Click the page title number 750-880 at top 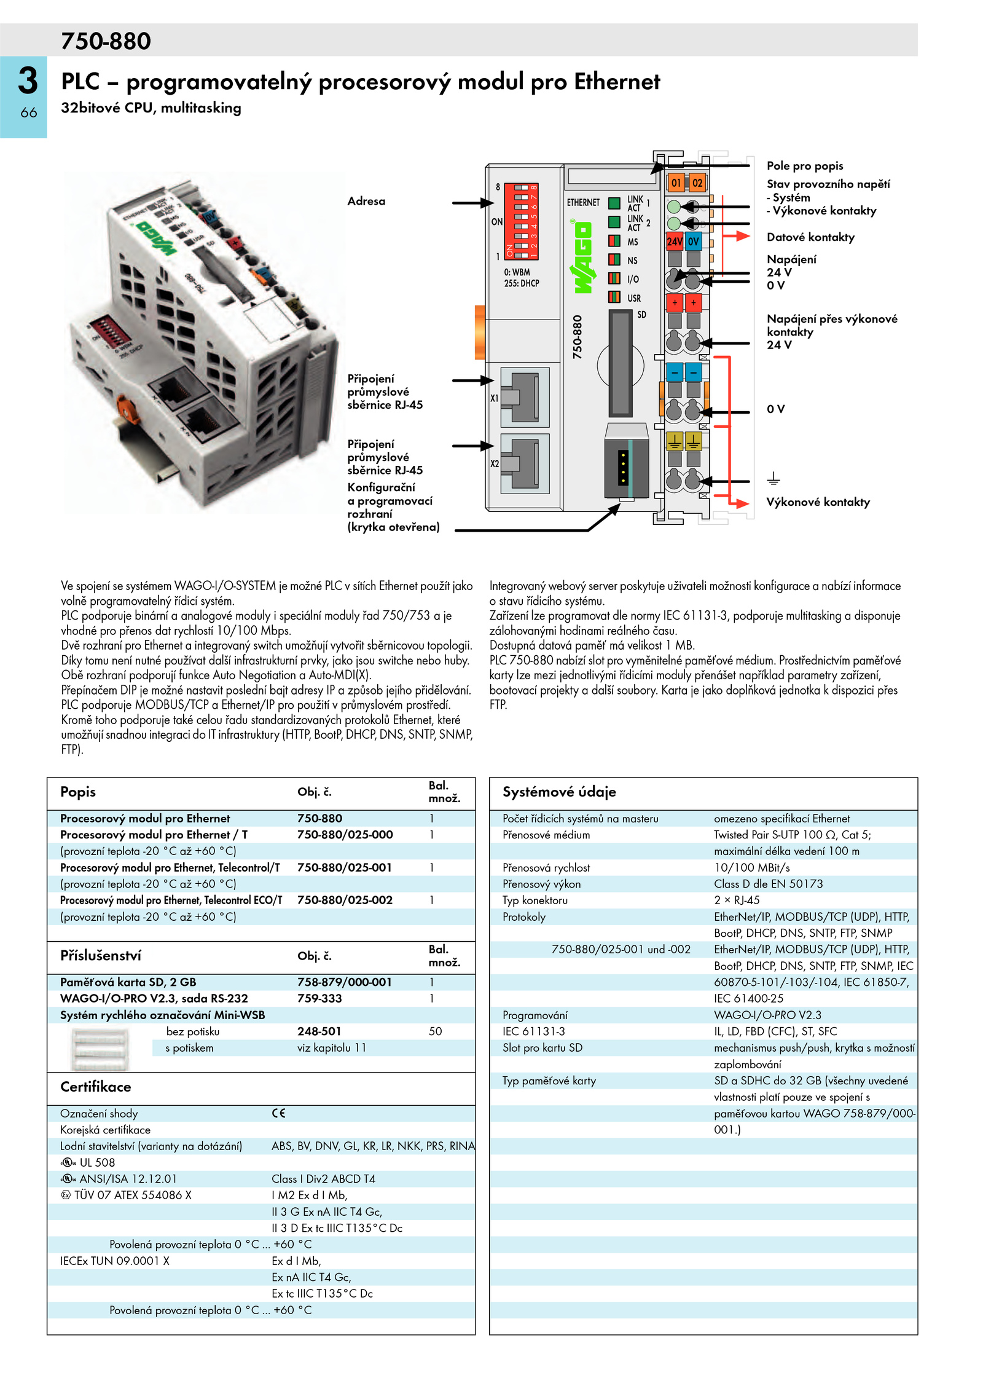point(106,41)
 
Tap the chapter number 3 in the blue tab point(28,81)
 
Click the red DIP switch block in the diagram point(522,221)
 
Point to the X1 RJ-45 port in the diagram point(525,397)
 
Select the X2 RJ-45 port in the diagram point(525,463)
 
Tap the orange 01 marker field point(676,183)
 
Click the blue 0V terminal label point(694,241)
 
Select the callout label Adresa point(366,201)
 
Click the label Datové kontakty point(810,237)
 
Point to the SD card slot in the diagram point(620,363)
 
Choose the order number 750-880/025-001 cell point(345,867)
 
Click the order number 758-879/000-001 point(345,982)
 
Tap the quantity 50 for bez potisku point(435,1031)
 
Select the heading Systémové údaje point(559,792)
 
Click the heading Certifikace point(96,1087)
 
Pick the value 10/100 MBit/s point(752,867)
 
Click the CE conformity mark point(278,1113)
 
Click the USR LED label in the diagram point(634,298)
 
